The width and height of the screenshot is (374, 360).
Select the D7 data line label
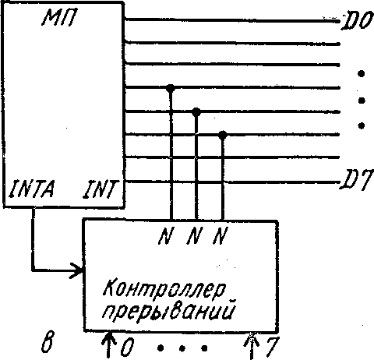[357, 179]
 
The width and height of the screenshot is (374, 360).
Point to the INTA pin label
[32, 189]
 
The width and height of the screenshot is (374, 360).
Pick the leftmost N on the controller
[165, 235]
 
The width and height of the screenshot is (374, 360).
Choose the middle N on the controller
[194, 235]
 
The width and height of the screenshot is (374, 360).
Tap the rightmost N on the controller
[220, 235]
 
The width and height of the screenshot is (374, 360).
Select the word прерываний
[168, 310]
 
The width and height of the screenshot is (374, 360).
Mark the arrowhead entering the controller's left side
[77, 270]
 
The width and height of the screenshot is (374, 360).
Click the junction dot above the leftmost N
[171, 88]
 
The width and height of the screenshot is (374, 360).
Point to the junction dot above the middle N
[196, 112]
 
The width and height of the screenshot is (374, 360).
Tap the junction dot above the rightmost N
[223, 135]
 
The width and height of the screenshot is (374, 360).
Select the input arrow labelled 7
[252, 346]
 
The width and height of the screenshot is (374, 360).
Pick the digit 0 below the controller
[127, 347]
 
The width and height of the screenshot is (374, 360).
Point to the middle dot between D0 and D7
[362, 101]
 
